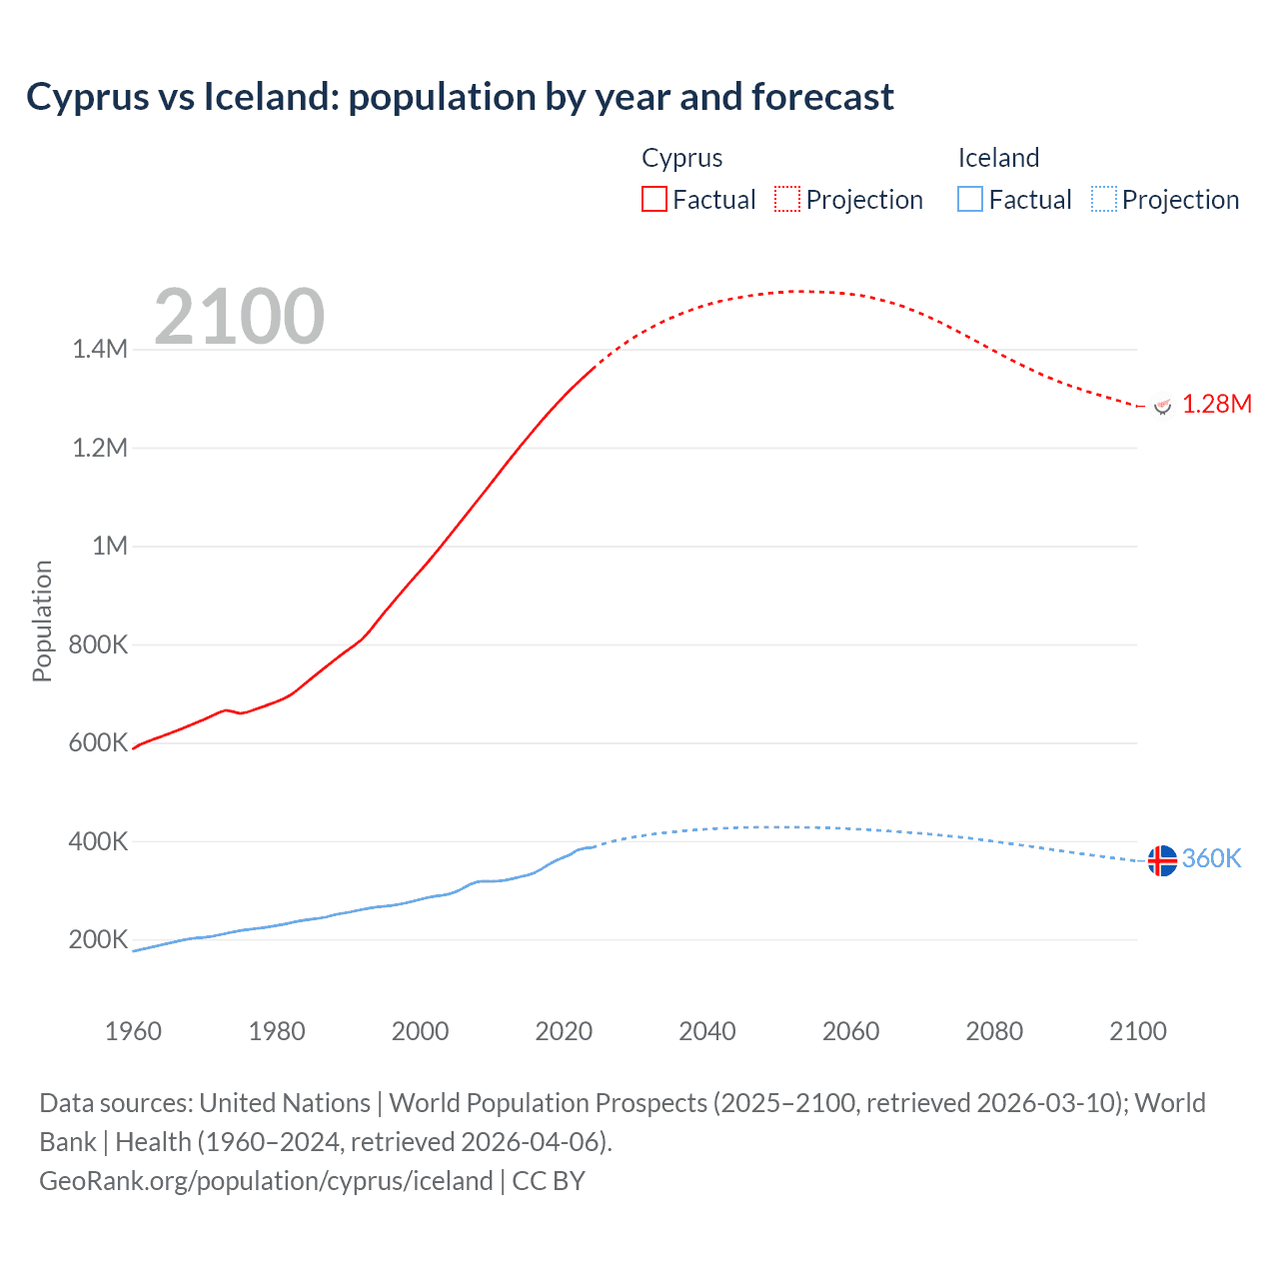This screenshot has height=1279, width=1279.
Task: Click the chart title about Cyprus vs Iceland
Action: point(460,97)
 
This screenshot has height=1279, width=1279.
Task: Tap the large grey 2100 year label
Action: point(239,317)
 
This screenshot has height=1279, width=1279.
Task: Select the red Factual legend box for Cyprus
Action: point(653,199)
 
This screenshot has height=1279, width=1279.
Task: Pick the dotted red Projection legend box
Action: point(787,199)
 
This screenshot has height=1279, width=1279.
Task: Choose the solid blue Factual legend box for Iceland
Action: point(969,199)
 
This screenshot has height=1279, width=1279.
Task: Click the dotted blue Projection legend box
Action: point(1103,199)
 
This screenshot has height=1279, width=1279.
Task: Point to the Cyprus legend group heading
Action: point(681,158)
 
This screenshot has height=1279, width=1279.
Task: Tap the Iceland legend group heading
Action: point(998,158)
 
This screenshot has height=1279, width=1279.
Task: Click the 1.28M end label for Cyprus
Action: point(1216,404)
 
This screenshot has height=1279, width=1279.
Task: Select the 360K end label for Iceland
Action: point(1211,858)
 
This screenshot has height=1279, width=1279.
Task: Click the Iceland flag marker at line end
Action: point(1162,859)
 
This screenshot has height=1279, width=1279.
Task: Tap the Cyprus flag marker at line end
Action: point(1162,406)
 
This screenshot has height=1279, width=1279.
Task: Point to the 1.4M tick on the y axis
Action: point(100,349)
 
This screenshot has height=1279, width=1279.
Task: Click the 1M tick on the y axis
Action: point(110,546)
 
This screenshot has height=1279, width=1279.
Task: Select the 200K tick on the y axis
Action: point(98,939)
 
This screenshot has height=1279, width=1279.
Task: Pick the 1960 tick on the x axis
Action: point(133,1031)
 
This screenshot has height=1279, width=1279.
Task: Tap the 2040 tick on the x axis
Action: point(707,1031)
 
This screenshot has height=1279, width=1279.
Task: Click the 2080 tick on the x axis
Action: point(994,1031)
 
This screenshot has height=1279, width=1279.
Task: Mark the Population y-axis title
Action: point(42,621)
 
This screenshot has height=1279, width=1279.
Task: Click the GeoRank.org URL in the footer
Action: point(266,1181)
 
